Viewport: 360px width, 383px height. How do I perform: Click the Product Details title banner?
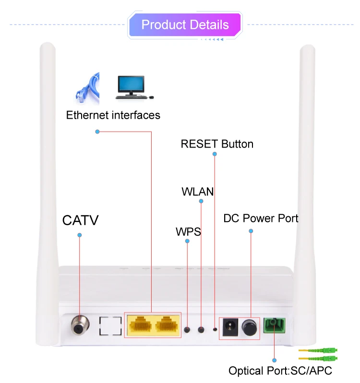point(185,25)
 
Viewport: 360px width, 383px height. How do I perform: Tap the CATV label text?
point(80,221)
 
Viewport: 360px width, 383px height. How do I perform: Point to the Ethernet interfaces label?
point(113,115)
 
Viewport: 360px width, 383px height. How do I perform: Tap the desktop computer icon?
point(131,86)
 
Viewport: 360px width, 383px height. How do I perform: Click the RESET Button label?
point(217,144)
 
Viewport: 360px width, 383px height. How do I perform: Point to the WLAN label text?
point(197,192)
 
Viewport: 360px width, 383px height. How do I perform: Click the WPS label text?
point(188,233)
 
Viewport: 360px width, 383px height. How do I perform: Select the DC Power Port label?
point(261,219)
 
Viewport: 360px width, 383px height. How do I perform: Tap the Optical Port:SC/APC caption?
point(280,371)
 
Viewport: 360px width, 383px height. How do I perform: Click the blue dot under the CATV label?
point(80,235)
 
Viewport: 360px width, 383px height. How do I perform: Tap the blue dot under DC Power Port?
point(250,231)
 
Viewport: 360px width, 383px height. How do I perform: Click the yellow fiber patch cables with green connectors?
point(317,355)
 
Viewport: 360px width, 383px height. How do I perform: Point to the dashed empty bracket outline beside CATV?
point(110,326)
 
